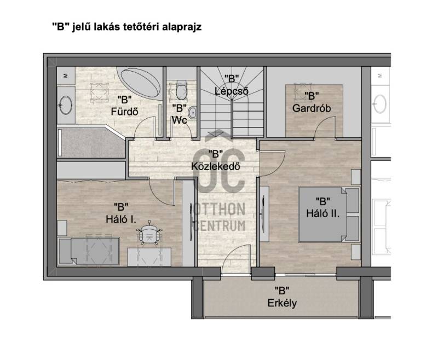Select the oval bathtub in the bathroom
141,83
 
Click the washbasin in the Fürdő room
66,105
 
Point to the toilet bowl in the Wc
181,90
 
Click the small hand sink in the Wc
193,113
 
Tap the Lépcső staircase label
232,85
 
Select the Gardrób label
312,102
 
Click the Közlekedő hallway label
216,160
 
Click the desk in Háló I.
149,257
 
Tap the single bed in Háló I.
89,251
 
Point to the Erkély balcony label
282,297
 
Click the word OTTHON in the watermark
220,210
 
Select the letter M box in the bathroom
66,76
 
